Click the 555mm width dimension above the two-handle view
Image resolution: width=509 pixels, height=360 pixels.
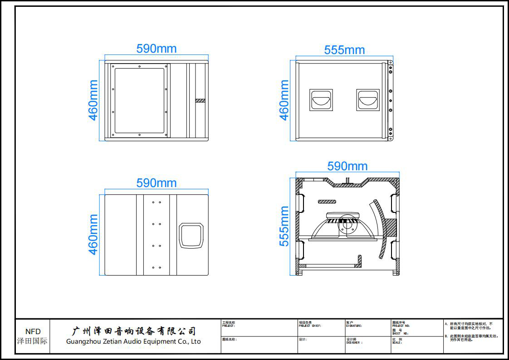pyautogui.click(x=344, y=50)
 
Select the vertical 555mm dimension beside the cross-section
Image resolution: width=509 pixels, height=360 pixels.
pyautogui.click(x=284, y=226)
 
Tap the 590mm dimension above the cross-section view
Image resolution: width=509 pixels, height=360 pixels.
pyautogui.click(x=347, y=166)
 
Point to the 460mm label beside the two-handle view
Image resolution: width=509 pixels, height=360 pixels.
pyautogui.click(x=284, y=100)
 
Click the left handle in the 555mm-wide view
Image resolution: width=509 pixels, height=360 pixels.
pyautogui.click(x=321, y=100)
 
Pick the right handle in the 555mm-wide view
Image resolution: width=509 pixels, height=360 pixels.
pyautogui.click(x=367, y=100)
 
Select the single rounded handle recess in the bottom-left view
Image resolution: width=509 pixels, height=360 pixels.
pyautogui.click(x=191, y=236)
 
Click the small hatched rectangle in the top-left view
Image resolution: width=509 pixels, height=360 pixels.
pyautogui.click(x=201, y=100)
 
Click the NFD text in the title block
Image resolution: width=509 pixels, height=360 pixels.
pyautogui.click(x=33, y=332)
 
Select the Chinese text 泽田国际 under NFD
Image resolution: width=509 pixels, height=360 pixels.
pyautogui.click(x=32, y=341)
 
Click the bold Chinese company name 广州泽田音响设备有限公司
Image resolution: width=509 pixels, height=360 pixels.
pyautogui.click(x=134, y=331)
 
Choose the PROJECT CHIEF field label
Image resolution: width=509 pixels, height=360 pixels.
pyautogui.click(x=310, y=325)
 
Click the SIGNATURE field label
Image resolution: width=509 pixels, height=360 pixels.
pyautogui.click(x=354, y=325)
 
